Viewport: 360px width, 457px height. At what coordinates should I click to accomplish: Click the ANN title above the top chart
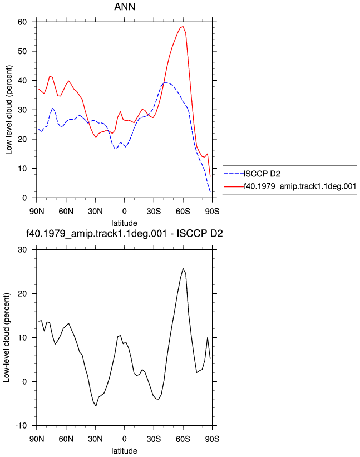click(125, 7)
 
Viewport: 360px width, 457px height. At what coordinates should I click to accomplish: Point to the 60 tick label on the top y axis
click(22, 22)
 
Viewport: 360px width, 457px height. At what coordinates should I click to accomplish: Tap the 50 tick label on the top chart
click(22, 51)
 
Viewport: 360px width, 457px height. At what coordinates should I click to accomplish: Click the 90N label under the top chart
click(37, 211)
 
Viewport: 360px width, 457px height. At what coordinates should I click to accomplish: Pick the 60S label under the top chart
click(183, 211)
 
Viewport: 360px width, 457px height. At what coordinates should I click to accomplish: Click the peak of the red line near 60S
click(183, 27)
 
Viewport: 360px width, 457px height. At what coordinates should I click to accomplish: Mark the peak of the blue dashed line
click(165, 83)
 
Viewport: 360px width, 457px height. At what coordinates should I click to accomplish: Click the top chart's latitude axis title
click(125, 223)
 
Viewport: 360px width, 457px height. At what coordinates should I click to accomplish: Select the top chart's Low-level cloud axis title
click(9, 110)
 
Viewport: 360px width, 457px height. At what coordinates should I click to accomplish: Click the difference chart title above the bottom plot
click(125, 233)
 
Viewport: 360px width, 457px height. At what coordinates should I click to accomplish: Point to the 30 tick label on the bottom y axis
click(22, 250)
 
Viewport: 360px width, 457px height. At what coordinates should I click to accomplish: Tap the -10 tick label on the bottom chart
click(21, 425)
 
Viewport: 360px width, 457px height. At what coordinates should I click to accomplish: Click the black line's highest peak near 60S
click(183, 268)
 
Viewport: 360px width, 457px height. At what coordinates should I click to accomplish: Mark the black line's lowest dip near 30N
click(96, 406)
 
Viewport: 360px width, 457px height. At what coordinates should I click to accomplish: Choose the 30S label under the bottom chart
click(154, 439)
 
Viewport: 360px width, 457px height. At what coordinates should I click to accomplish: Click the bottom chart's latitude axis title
click(125, 451)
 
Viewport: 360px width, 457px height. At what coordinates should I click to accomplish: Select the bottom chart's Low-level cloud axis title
click(7, 337)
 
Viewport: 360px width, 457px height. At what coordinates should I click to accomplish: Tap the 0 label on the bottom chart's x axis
click(125, 439)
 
